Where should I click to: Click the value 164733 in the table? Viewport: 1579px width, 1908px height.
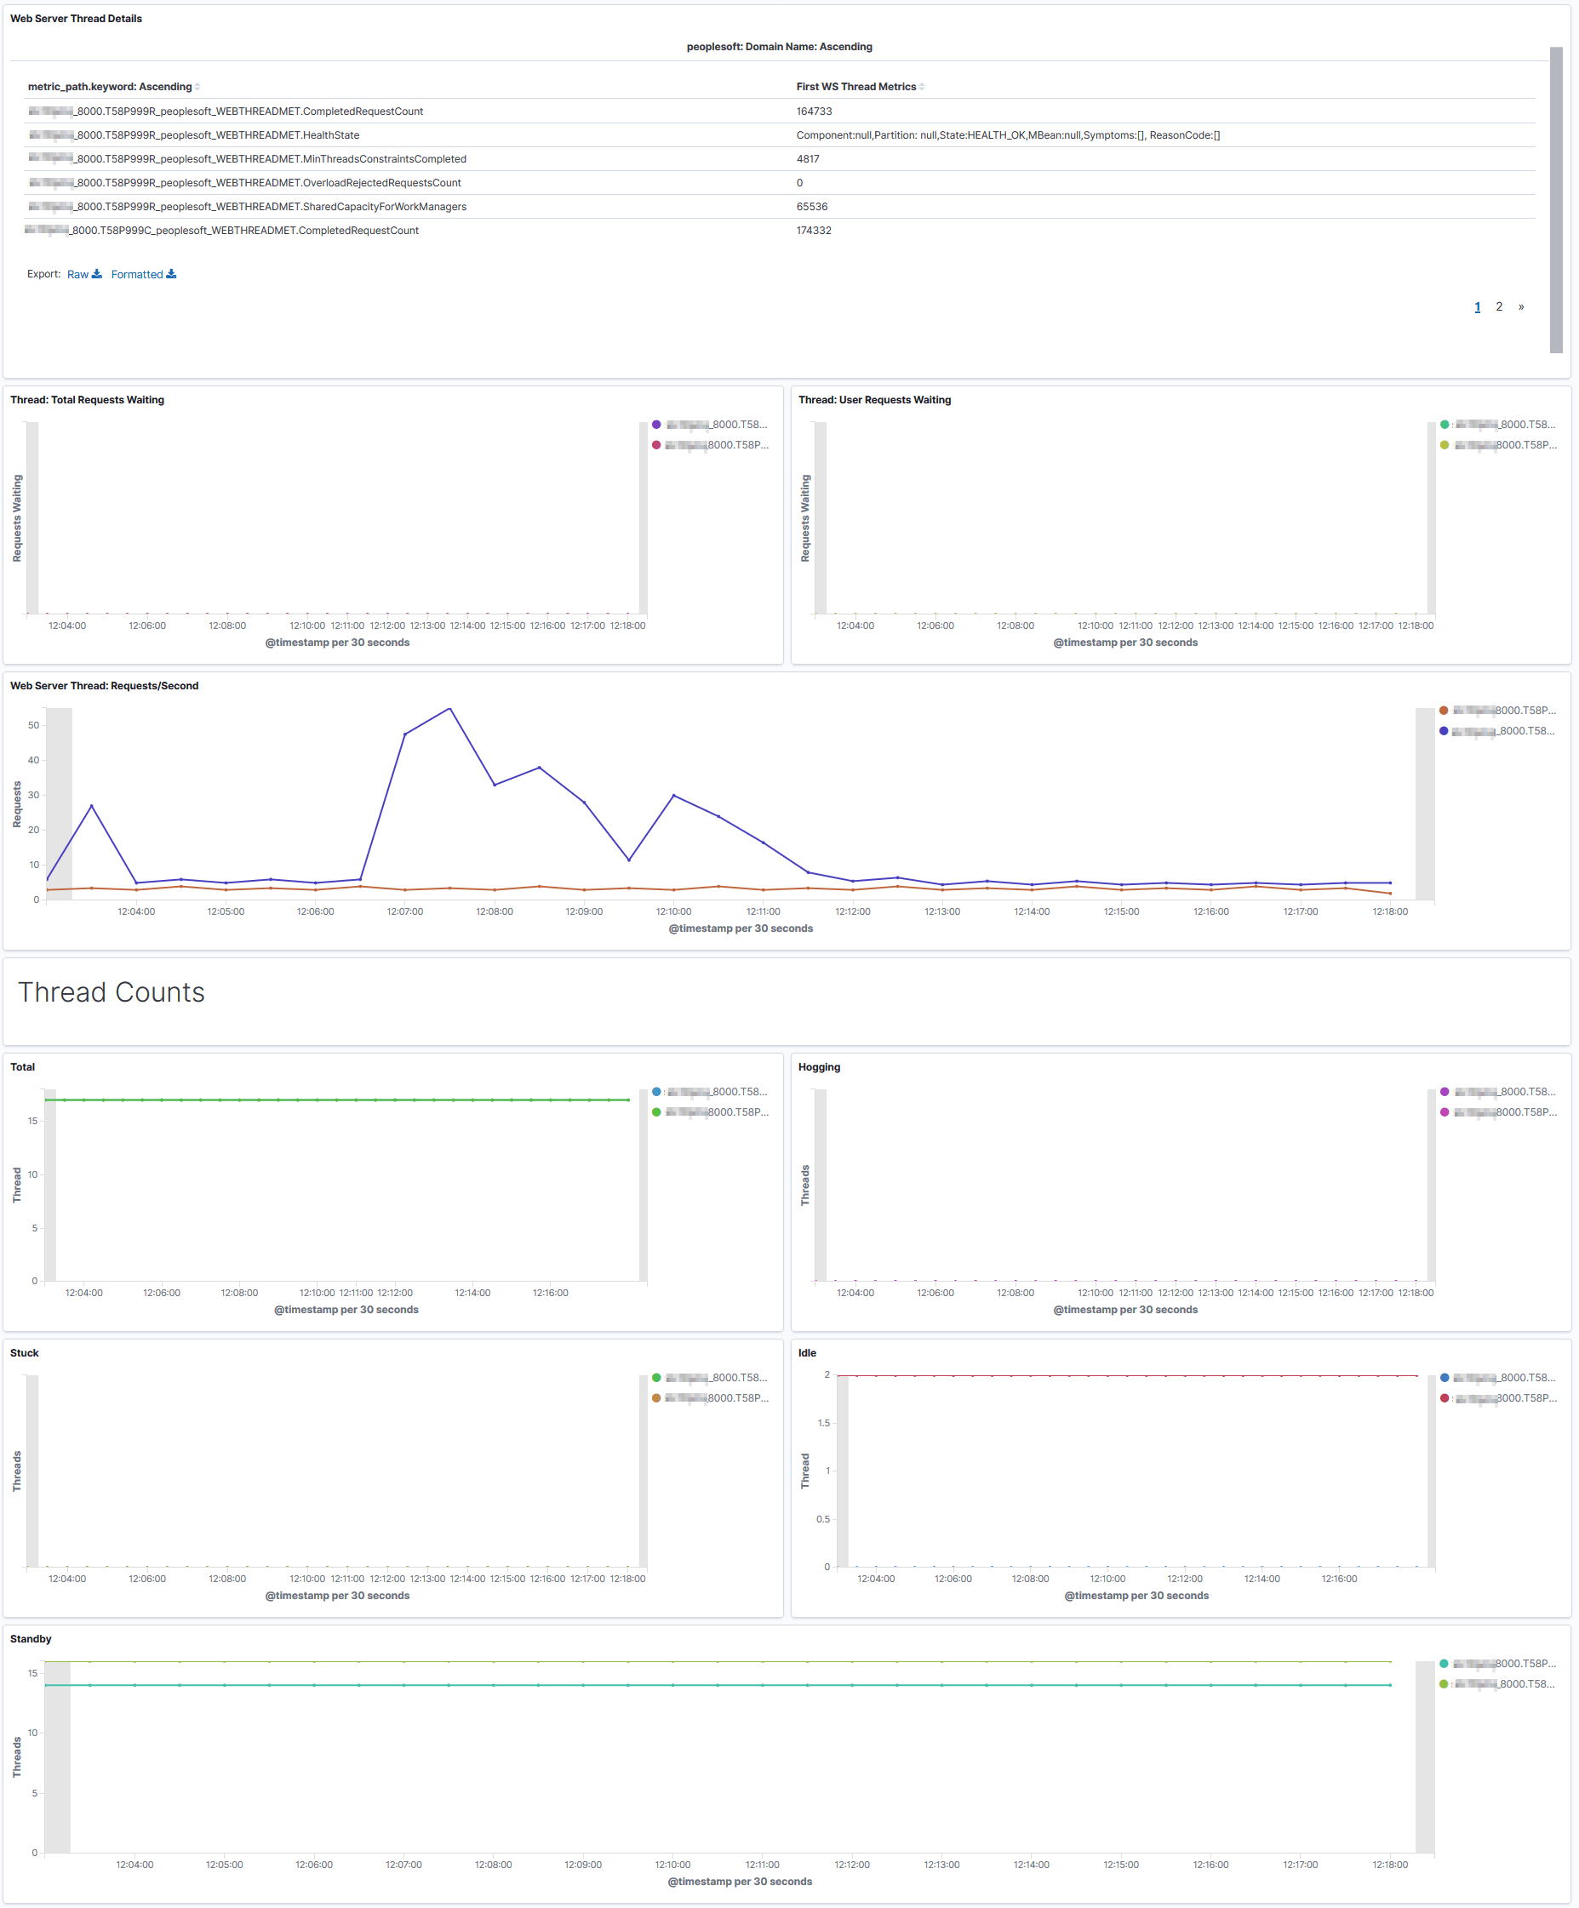(814, 111)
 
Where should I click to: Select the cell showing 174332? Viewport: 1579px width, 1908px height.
(814, 231)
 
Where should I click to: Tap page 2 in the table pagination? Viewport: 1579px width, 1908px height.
(1499, 307)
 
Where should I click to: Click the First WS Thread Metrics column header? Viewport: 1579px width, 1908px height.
(855, 87)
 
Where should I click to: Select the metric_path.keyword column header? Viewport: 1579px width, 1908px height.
(110, 87)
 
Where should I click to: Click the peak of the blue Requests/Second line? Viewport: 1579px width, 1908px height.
(449, 709)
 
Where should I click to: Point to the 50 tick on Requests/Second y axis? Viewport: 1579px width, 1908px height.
(33, 725)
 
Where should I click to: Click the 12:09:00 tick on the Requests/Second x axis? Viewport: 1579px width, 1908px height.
(583, 911)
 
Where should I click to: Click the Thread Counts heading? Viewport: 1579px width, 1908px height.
(112, 992)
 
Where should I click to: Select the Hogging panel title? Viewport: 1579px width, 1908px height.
(819, 1066)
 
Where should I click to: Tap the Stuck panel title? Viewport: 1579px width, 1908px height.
(25, 1353)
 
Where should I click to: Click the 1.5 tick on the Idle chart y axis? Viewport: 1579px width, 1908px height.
(823, 1423)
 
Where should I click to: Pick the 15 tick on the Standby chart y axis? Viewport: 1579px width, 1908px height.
(32, 1672)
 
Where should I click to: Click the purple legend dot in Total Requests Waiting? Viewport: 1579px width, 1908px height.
(656, 425)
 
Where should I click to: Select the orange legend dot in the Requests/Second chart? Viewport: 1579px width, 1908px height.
(1444, 711)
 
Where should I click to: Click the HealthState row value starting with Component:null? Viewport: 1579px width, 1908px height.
(1008, 135)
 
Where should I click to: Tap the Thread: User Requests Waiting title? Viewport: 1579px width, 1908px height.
(874, 400)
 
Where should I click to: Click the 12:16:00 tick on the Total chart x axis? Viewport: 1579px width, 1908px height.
(550, 1293)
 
